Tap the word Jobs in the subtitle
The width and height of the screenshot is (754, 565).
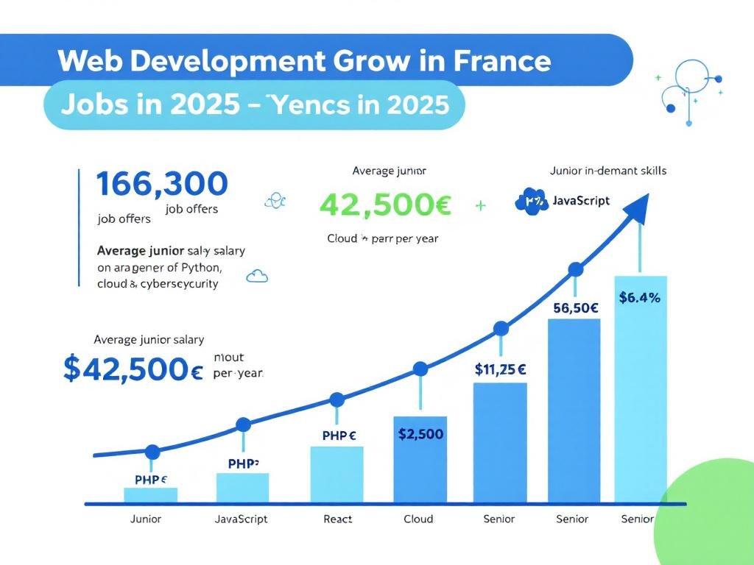pyautogui.click(x=88, y=105)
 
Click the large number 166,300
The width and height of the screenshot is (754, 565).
pyautogui.click(x=162, y=184)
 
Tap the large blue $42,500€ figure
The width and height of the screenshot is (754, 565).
pyautogui.click(x=133, y=368)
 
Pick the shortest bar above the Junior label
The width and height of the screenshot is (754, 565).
pyautogui.click(x=150, y=495)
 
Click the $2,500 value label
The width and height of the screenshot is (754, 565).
pyautogui.click(x=420, y=434)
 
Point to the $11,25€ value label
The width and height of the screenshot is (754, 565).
pyautogui.click(x=500, y=369)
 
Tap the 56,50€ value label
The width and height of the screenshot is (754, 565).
pyautogui.click(x=574, y=308)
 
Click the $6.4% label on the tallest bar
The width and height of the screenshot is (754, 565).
pyautogui.click(x=639, y=297)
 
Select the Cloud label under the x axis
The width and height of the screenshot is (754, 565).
pyautogui.click(x=418, y=519)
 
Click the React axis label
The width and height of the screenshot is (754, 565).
pyautogui.click(x=338, y=519)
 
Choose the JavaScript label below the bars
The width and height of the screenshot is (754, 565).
pyautogui.click(x=241, y=519)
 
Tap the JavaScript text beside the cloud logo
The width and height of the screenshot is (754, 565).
pyautogui.click(x=581, y=200)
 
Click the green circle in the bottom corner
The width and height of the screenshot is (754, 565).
pyautogui.click(x=711, y=515)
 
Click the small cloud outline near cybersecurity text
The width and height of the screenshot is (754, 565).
pyautogui.click(x=258, y=277)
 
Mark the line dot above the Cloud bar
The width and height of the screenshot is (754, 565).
pyautogui.click(x=420, y=369)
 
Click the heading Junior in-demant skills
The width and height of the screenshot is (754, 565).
pyautogui.click(x=607, y=171)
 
